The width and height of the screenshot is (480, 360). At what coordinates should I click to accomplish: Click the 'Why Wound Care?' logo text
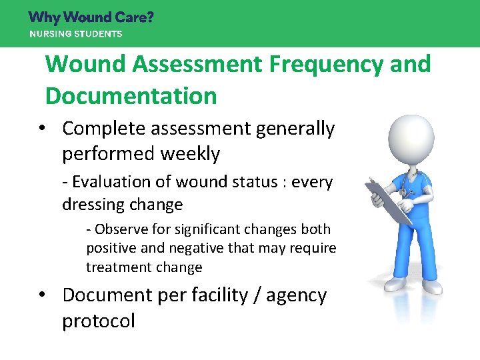91,17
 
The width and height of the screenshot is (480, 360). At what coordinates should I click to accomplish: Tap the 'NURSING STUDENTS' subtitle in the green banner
75,33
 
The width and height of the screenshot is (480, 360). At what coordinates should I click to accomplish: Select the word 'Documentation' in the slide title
131,95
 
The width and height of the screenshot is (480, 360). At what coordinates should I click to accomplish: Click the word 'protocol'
98,321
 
